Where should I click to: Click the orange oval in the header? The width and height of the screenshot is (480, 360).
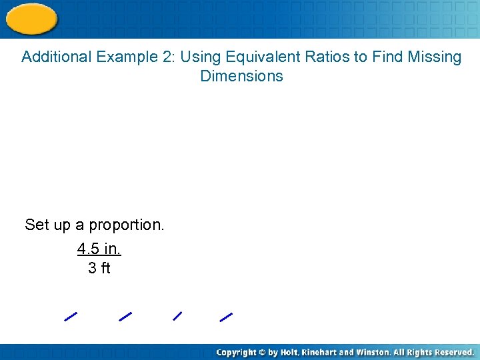pos(31,18)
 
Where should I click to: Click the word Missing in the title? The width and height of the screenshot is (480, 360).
pos(435,57)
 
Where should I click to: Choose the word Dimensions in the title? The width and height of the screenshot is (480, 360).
pos(241,76)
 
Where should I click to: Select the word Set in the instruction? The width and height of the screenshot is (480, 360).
pos(37,225)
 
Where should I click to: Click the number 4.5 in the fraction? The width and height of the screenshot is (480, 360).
pos(88,249)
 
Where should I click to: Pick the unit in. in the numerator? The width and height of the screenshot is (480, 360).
pos(111,249)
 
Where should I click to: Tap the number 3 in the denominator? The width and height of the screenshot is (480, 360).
pos(91,268)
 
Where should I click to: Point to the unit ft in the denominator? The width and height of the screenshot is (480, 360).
pos(105,268)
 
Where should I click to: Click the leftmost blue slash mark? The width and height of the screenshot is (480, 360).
pos(71,317)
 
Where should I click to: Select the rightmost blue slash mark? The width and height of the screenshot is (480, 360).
pos(226,317)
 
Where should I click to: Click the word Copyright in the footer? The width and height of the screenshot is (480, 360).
pos(238,352)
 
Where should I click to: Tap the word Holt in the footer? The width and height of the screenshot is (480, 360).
pos(289,352)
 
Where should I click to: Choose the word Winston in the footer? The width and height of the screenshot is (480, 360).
pos(373,352)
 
